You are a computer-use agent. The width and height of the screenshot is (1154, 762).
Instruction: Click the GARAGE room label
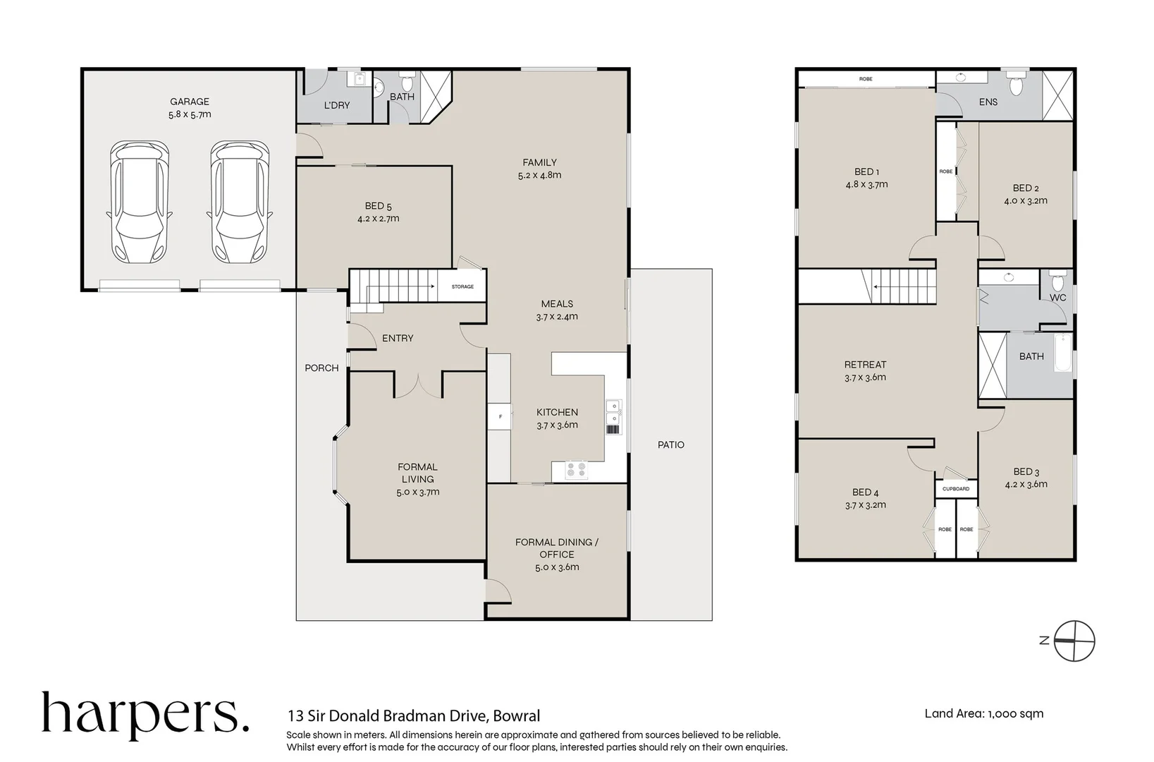click(189, 102)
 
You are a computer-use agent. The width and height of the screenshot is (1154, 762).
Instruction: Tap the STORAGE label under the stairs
click(462, 286)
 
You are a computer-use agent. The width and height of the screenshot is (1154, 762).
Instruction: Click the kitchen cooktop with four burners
click(577, 469)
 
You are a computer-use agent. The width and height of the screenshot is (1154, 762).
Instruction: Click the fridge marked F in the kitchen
click(500, 417)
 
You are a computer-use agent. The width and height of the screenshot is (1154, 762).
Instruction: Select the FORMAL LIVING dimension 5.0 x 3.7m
click(417, 492)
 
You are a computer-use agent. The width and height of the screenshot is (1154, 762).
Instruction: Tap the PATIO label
click(670, 445)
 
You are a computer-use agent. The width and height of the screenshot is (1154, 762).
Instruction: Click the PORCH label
click(321, 368)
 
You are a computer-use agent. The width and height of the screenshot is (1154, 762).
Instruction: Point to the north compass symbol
click(1074, 641)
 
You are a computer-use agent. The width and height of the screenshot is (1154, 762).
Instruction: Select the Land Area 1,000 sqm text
click(983, 713)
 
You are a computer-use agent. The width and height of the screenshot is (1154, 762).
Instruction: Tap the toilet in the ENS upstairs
click(1016, 83)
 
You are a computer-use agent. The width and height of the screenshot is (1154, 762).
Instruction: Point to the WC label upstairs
click(1057, 298)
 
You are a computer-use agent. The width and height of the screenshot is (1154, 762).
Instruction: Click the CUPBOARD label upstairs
click(955, 489)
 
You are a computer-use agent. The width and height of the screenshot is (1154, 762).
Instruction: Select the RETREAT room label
click(865, 365)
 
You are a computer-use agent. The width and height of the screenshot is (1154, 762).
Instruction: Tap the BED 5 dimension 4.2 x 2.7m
click(378, 219)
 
